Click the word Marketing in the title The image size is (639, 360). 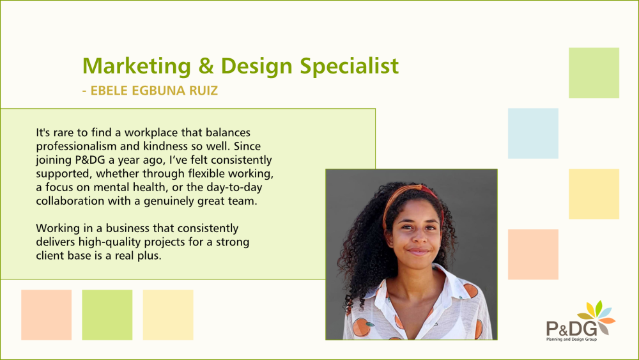(x=137, y=67)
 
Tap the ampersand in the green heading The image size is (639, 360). (x=206, y=66)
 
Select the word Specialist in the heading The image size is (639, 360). (x=350, y=66)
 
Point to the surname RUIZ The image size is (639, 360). (x=204, y=91)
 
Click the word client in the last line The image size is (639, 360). (x=48, y=256)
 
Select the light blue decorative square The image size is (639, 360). (x=533, y=133)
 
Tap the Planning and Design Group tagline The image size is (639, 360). (x=571, y=339)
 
